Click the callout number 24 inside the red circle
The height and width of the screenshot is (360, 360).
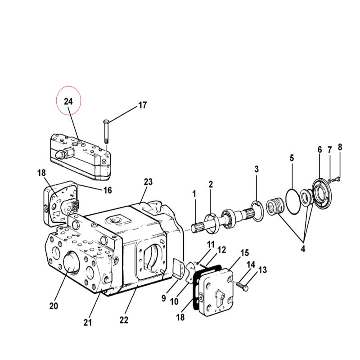click(x=68, y=101)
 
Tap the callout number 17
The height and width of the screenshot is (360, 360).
click(x=142, y=105)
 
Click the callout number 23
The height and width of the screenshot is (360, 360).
click(x=148, y=182)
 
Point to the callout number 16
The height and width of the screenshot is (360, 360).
click(x=108, y=190)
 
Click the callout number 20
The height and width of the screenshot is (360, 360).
click(x=54, y=306)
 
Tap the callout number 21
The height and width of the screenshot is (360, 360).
click(x=87, y=323)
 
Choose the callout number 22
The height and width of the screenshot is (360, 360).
click(x=124, y=320)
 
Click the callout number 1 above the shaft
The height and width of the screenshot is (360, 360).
click(x=194, y=194)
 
